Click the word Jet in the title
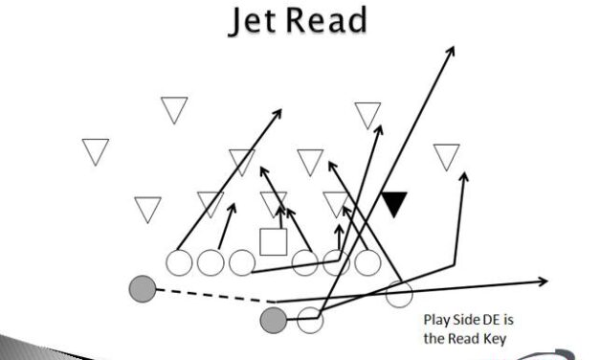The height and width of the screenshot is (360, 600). (251, 20)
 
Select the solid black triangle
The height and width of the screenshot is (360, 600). (394, 202)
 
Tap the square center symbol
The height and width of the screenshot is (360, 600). (274, 242)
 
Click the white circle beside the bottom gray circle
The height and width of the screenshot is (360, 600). (309, 320)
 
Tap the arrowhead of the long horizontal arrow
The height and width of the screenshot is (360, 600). (544, 281)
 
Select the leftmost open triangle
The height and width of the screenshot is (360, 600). (95, 150)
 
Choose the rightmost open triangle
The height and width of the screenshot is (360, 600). (446, 155)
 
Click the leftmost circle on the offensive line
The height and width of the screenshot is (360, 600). (180, 261)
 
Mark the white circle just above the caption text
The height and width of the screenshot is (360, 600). (399, 295)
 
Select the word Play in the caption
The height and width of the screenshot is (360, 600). (437, 321)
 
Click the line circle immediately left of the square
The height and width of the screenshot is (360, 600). (241, 261)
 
